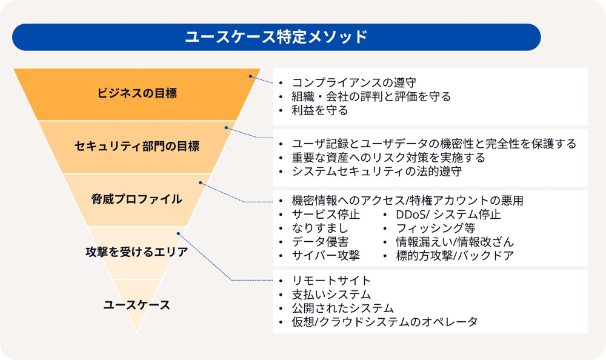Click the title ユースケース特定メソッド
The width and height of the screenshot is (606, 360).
point(276,37)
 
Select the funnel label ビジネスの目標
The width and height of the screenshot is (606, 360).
point(137,93)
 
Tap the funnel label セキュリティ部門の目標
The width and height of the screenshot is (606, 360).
point(137,146)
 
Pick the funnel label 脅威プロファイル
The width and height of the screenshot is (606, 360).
point(137,199)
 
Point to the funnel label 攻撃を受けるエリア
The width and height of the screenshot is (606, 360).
point(137,252)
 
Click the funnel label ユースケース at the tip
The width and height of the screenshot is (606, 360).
point(137,305)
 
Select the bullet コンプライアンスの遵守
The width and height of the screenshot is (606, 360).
point(354,82)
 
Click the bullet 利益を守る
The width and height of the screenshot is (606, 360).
point(320,110)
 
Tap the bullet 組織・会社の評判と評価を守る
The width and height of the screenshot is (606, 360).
point(371,96)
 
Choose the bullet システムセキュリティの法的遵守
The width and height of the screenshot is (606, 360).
point(376,172)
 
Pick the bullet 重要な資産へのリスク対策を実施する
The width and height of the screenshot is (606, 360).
point(388,158)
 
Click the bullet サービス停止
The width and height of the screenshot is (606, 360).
point(325,215)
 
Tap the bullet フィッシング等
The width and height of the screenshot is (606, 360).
point(435,228)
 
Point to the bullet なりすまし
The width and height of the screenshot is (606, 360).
point(319,228)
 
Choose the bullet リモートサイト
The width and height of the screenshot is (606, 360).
point(331,281)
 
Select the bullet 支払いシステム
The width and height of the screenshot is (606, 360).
point(331,295)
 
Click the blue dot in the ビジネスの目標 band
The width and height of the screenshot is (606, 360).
point(250,76)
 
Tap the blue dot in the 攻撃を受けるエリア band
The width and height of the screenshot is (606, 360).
point(178,233)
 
